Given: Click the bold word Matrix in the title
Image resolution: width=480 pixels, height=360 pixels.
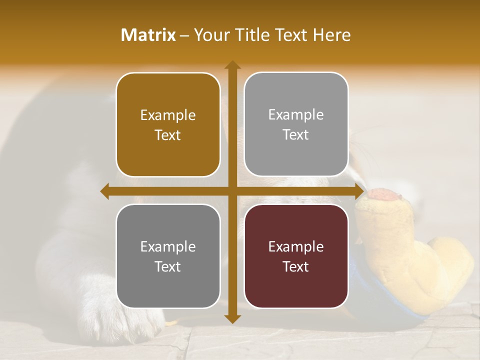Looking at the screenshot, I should (148, 35).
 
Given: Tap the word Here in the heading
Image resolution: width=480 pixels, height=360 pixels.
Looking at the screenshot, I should (331, 35).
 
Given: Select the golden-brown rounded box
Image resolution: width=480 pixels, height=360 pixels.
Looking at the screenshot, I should (168, 124).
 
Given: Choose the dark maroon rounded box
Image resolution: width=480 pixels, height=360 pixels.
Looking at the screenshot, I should (296, 256).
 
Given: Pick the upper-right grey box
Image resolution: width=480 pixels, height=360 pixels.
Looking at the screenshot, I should (296, 124).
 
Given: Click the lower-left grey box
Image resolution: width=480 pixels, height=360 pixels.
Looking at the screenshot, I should (168, 256).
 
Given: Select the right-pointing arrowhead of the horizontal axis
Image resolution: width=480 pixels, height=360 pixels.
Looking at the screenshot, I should (359, 191).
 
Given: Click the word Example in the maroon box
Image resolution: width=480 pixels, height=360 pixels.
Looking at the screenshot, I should (296, 246).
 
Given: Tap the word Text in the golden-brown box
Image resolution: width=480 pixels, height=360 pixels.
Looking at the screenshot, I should (168, 135).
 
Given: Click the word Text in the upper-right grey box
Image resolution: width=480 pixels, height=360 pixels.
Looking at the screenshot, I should (296, 135).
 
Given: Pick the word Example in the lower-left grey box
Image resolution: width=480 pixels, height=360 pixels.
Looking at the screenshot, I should (168, 246).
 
